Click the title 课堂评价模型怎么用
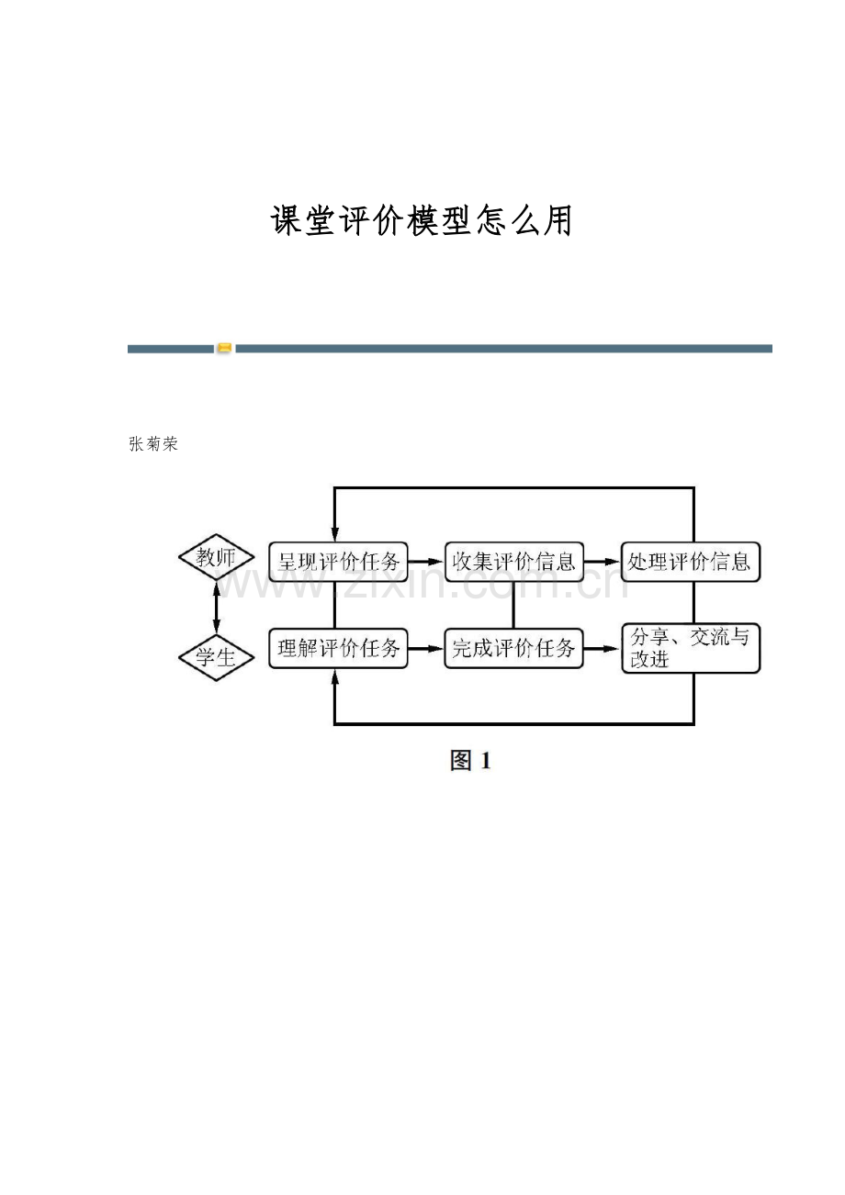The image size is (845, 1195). coord(422,221)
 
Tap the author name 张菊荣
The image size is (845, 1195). coord(153,445)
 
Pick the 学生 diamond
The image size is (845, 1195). coord(216,657)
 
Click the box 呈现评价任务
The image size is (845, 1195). coord(338,561)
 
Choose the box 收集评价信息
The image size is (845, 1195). coord(513,561)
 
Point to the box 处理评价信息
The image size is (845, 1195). coord(690,561)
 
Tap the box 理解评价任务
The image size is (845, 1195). coord(338,648)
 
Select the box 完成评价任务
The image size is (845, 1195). coord(513,648)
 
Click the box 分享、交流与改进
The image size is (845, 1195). coord(690,648)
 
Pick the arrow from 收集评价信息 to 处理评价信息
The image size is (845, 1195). coord(603,561)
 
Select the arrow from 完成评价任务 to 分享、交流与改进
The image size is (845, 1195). coord(603,648)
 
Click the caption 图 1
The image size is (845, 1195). coord(470,761)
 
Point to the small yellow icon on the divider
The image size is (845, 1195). coord(224,349)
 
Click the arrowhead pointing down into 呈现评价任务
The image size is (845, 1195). coord(335,534)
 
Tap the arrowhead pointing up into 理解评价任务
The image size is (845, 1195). coord(334,676)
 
